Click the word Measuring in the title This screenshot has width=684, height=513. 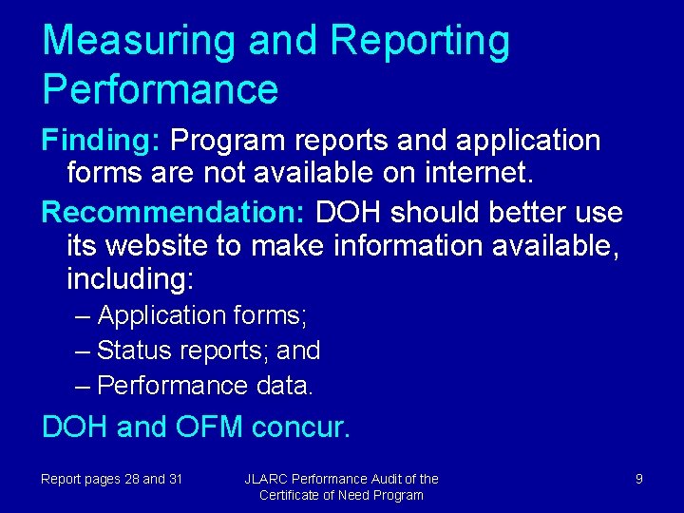pyautogui.click(x=139, y=42)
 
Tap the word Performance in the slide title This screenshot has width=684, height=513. pyautogui.click(x=160, y=88)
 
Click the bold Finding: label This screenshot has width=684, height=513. pyautogui.click(x=101, y=141)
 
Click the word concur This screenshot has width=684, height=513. pyautogui.click(x=301, y=427)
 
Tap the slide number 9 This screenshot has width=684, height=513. pyautogui.click(x=638, y=479)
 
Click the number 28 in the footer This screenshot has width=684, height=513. pyautogui.click(x=130, y=479)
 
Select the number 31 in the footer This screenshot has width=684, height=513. pyautogui.click(x=175, y=479)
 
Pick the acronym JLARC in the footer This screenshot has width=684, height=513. pyautogui.click(x=266, y=479)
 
